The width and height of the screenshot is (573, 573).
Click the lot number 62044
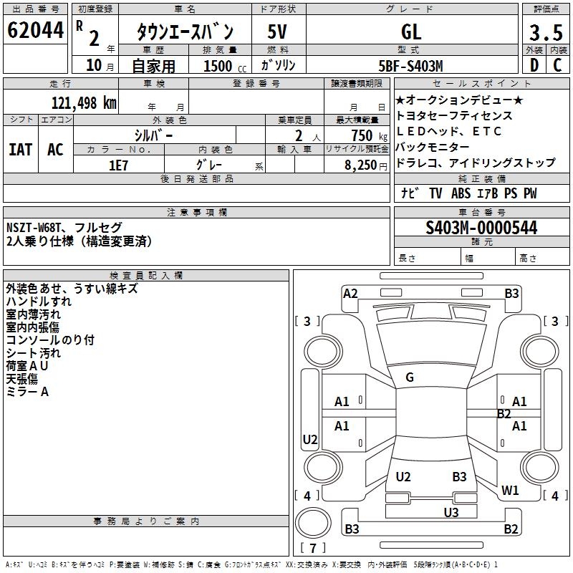(x=35, y=31)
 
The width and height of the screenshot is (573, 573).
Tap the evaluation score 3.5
(x=544, y=33)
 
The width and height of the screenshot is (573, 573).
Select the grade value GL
(x=411, y=32)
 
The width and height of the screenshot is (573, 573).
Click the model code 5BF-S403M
(x=411, y=66)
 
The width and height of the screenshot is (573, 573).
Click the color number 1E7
(x=118, y=164)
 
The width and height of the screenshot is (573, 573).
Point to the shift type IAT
(x=20, y=149)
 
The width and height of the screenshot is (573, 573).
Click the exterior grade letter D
(x=534, y=65)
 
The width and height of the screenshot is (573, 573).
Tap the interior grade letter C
(x=557, y=65)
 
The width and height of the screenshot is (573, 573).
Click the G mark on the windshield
(x=410, y=377)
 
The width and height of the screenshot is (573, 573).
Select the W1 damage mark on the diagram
(x=510, y=490)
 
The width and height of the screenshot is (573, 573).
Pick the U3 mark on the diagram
(x=451, y=511)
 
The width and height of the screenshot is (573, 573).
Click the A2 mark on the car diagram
(x=350, y=293)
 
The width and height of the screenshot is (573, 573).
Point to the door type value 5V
(x=279, y=32)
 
